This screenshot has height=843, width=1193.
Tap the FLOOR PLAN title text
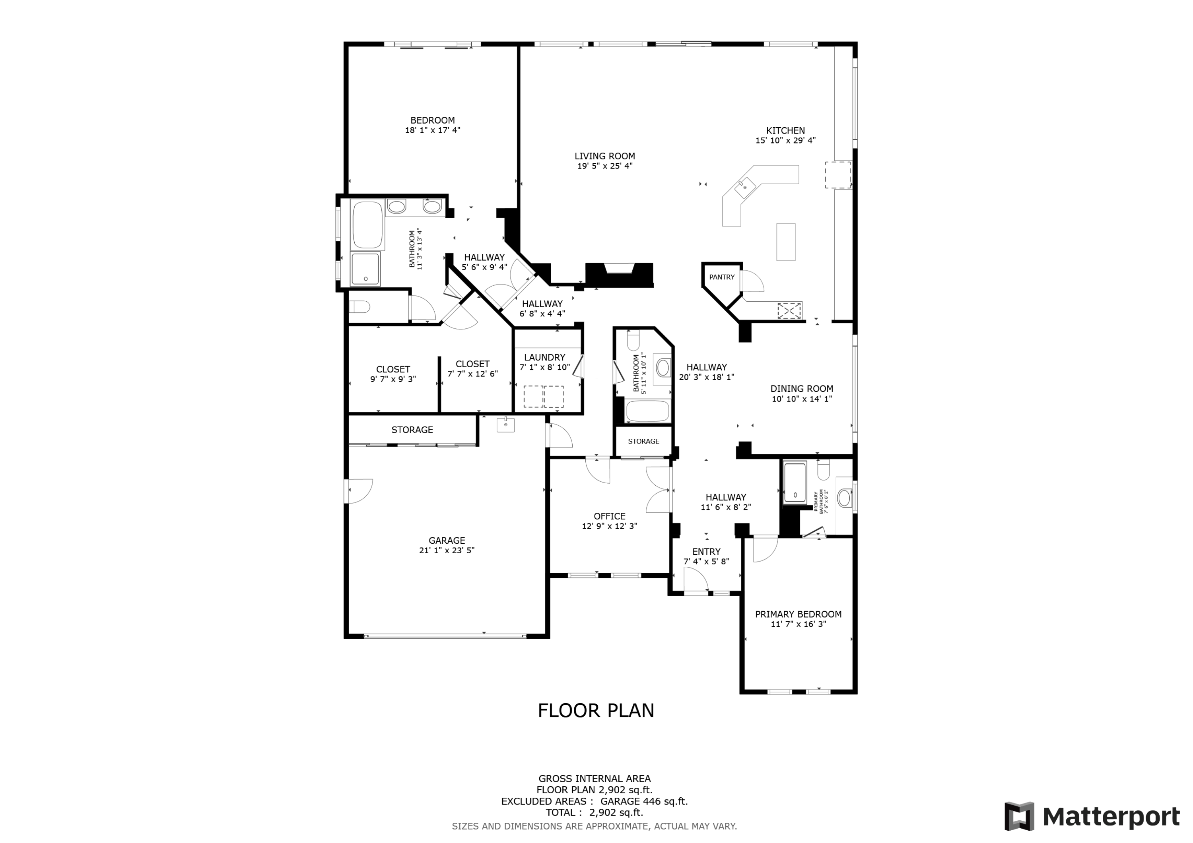coord(596,711)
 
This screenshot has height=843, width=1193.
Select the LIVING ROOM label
coord(605,156)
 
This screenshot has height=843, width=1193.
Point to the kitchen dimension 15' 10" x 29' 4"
coord(786,140)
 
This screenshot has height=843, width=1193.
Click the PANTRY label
coord(722,277)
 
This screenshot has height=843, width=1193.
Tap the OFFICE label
coord(610,516)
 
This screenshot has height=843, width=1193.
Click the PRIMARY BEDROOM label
coord(798,614)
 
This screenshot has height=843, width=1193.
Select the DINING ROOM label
coord(802,389)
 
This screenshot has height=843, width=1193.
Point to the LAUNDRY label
coord(544,357)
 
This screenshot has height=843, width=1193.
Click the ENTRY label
coord(706,552)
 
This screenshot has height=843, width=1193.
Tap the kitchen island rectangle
coord(786,242)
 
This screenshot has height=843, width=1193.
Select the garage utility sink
coord(505,425)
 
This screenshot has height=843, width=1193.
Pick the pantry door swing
coord(752,281)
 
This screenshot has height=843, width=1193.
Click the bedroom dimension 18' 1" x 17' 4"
coord(433,130)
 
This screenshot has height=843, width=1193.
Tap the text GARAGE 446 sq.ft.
coord(644,801)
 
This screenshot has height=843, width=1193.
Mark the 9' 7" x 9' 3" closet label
coord(393,379)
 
